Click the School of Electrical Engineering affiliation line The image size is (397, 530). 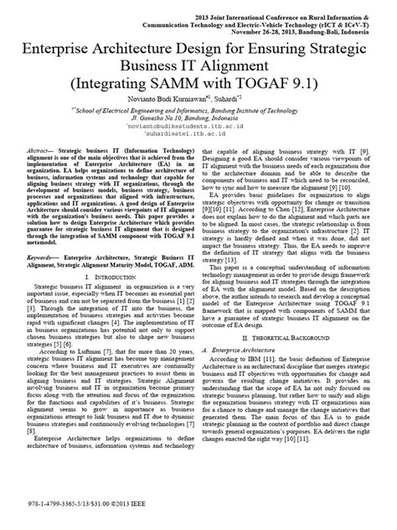pos(198,108)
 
